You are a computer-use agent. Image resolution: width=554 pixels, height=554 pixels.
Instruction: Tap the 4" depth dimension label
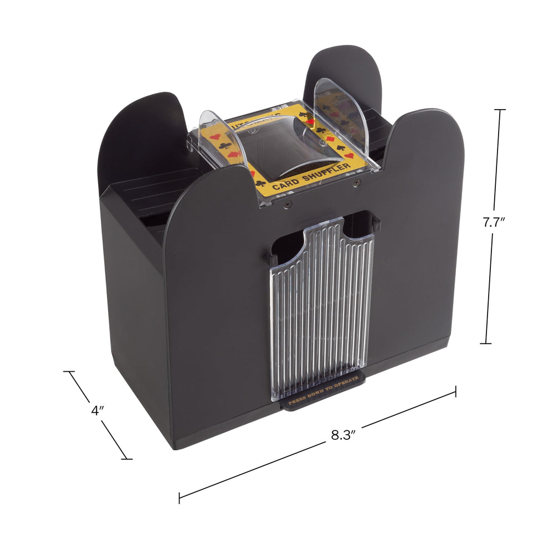click(98, 411)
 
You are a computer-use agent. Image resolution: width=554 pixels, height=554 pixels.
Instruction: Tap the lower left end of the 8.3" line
click(179, 497)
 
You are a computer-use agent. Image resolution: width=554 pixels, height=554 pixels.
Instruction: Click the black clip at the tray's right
click(377, 224)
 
